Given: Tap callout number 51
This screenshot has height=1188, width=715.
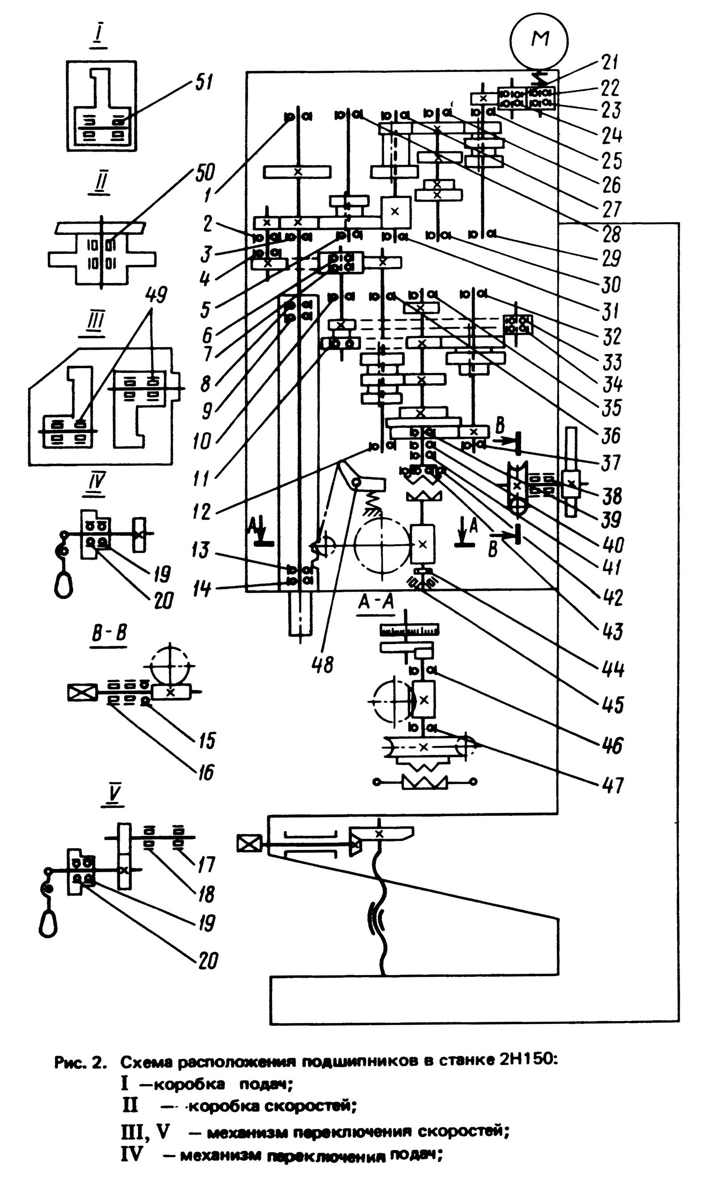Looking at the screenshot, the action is coord(203,83).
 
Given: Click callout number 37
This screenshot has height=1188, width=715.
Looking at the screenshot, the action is coord(611,463).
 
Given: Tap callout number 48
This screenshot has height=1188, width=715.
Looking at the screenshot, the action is coord(323,665).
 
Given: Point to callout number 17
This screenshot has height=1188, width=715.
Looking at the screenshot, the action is coord(206,865).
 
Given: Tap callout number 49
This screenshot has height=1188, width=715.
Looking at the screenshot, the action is coord(157,295).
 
